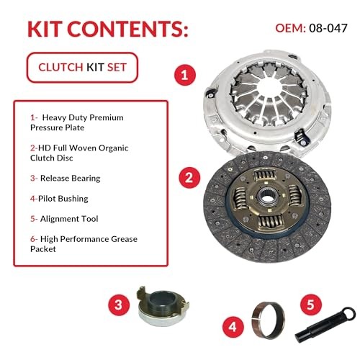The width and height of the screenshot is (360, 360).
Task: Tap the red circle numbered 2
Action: tap(188, 176)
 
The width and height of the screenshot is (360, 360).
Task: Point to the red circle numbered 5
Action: tap(310, 304)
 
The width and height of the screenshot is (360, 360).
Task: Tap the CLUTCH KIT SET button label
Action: tap(80, 68)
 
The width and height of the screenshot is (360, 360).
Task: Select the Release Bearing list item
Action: tap(65, 178)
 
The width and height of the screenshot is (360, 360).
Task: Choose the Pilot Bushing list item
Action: tap(62, 198)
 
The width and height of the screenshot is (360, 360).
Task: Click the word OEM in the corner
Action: tap(289, 27)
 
